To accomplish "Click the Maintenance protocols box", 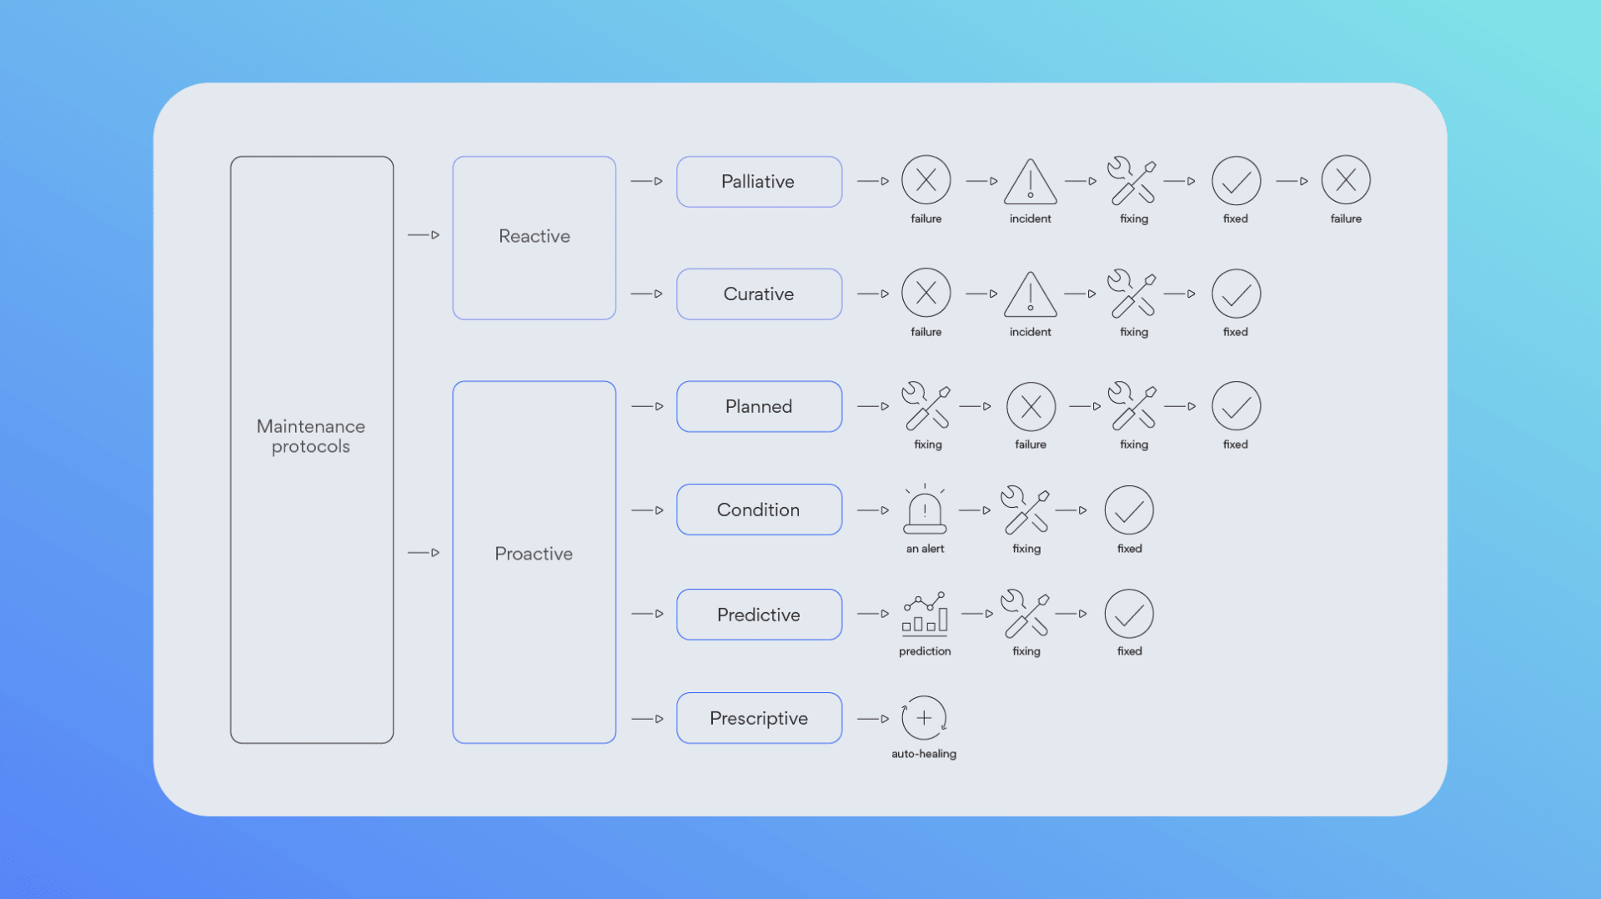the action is pos(312,449).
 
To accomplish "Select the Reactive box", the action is pos(535,238).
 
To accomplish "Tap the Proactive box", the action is pos(535,562).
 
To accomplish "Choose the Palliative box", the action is pos(759,182).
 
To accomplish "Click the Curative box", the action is pos(759,294).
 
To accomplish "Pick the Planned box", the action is pos(759,407).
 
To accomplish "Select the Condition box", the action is pos(759,510).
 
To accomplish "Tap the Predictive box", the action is pos(759,615).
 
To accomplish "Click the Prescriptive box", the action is pos(759,718).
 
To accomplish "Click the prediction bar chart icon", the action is pos(925,614).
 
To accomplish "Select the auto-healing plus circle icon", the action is pos(924,717).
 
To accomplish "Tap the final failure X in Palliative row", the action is pos(1346,180).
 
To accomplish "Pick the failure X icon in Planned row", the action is pos(1031,407).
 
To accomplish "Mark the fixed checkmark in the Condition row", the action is pos(1129,510).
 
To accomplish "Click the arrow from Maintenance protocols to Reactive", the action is pos(424,235).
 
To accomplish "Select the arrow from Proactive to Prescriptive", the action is pos(648,719).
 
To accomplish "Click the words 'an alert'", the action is pos(926,549).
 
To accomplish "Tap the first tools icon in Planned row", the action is pos(926,406).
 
